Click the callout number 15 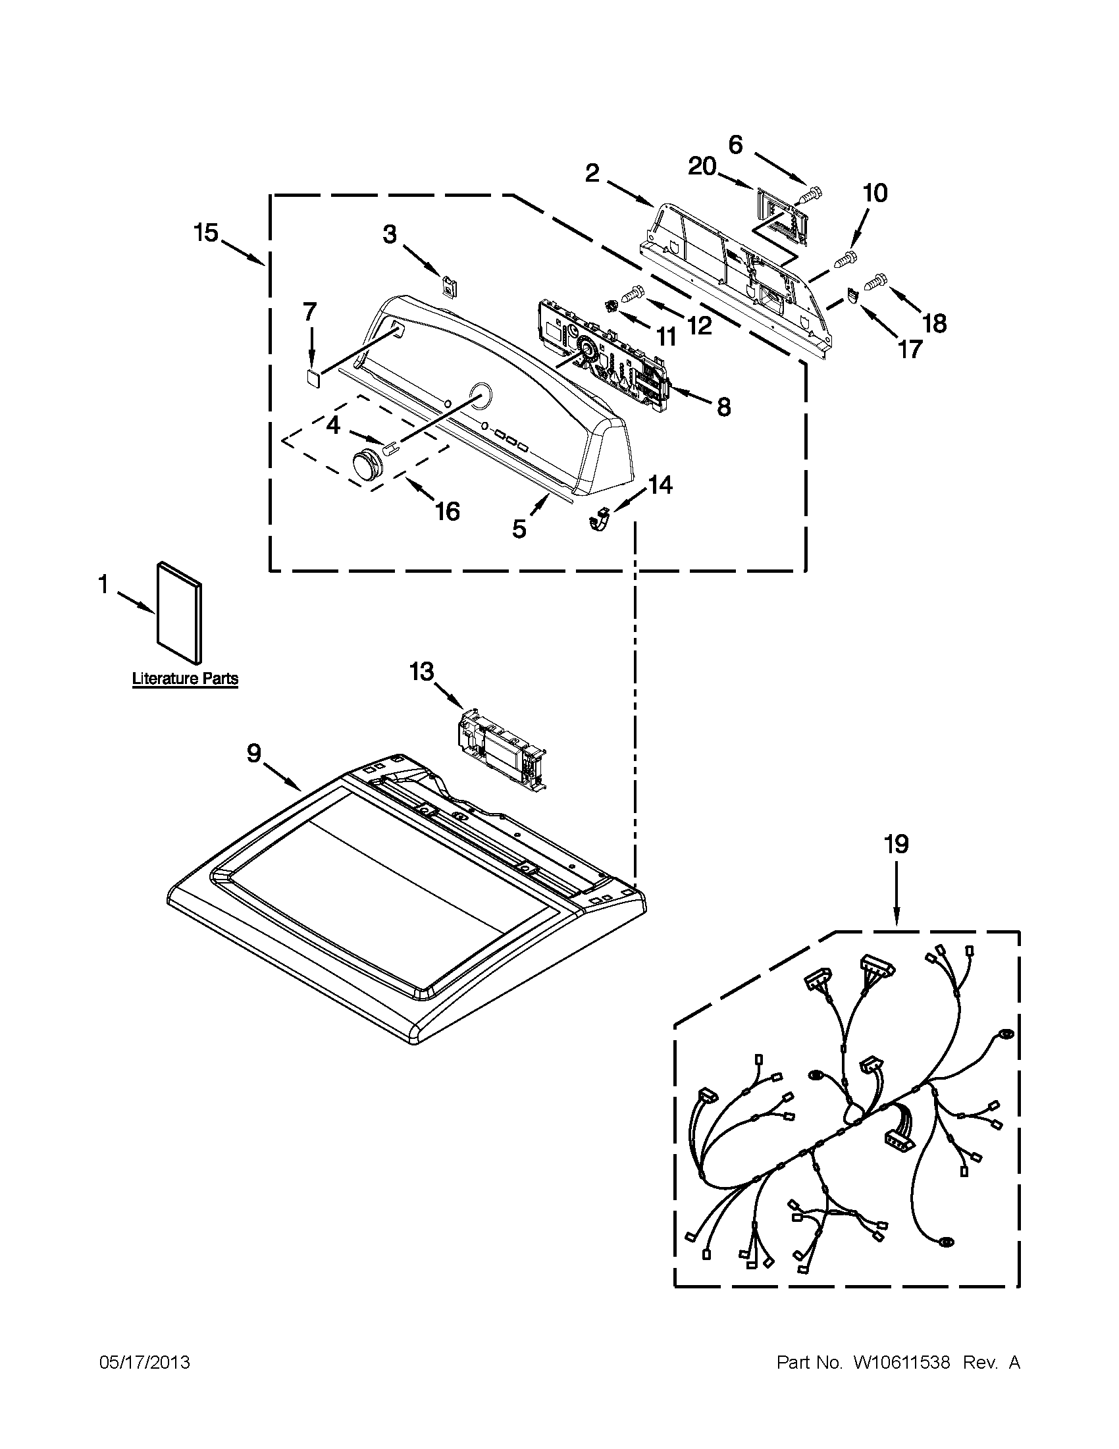[205, 233]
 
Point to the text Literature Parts [185, 679]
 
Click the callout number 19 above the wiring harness [895, 845]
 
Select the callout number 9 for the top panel [254, 753]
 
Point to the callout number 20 [702, 167]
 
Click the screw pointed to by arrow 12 [633, 290]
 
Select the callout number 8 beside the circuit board [723, 406]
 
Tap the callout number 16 [448, 510]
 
